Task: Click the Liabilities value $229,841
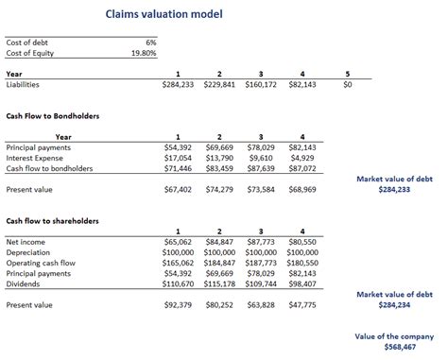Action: coord(219,84)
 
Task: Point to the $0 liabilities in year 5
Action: coord(347,84)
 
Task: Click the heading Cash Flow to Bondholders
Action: coord(53,116)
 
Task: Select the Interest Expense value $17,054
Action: coord(178,158)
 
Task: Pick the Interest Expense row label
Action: coord(35,158)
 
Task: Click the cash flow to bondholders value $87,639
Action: coord(261,168)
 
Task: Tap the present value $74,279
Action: coord(219,189)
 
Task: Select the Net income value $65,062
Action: coord(178,242)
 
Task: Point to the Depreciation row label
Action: coord(29,252)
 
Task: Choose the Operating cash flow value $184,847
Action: coord(219,263)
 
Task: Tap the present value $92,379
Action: coord(178,305)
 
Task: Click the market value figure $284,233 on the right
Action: coord(395,189)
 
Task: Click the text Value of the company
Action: coord(394,335)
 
